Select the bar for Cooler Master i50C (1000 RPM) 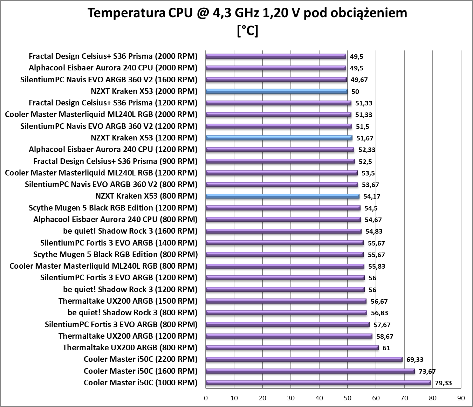(x=318, y=383)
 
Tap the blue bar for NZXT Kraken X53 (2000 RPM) (x=276, y=91)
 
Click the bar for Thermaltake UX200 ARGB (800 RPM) (x=292, y=348)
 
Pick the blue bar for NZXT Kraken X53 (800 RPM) (x=282, y=196)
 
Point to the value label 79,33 (x=443, y=383)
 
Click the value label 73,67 (x=427, y=371)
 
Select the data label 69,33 (x=415, y=359)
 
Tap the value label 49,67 (x=359, y=80)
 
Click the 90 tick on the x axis (x=461, y=398)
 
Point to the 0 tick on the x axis (x=206, y=398)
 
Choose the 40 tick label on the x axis (x=319, y=398)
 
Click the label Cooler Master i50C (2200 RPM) (x=140, y=359)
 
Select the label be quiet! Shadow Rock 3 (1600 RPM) (x=130, y=231)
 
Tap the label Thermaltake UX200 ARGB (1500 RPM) (x=128, y=301)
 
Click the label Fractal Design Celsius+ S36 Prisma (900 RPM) (x=115, y=161)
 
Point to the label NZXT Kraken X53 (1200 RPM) (x=144, y=138)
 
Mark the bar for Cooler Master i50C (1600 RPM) (x=310, y=371)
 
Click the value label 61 (x=386, y=348)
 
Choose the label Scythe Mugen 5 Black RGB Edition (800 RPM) (x=115, y=255)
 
